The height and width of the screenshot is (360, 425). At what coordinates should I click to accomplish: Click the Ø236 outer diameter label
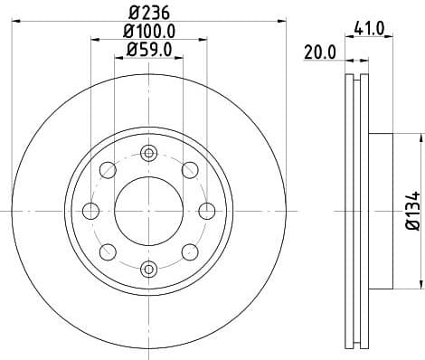coord(149,12)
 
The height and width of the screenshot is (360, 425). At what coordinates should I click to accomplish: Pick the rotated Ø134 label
coord(411,211)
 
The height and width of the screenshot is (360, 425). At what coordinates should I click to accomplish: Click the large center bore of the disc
coord(148,211)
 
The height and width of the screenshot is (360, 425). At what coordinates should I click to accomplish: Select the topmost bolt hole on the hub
coord(148,154)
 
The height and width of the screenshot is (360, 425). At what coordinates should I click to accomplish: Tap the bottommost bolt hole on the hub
coord(148,268)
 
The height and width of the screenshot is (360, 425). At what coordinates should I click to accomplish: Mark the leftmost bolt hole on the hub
coord(90,211)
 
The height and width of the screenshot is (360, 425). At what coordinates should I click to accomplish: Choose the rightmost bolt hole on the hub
coord(206,211)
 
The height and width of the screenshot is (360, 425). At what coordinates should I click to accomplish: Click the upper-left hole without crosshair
coord(108,170)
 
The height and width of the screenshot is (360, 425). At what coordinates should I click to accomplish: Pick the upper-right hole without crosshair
coord(189,170)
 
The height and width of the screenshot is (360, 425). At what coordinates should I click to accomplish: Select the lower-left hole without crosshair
coord(108,251)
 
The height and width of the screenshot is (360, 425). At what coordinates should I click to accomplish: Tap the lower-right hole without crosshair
coord(189,251)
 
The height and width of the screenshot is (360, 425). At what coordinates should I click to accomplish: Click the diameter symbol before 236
coord(134,12)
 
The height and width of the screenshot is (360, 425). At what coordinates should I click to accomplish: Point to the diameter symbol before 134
coord(411,227)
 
